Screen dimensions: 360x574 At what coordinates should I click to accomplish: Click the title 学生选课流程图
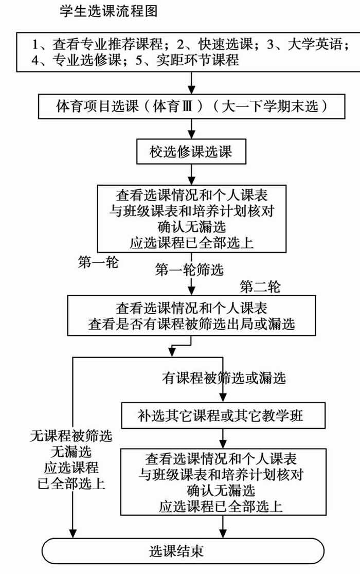(109, 11)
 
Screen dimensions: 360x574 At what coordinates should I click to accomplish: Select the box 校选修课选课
(191, 152)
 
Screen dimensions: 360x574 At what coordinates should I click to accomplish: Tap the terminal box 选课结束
(183, 551)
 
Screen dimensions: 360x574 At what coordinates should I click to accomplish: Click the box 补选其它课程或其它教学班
(223, 416)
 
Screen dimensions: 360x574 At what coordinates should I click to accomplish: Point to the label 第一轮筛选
(189, 270)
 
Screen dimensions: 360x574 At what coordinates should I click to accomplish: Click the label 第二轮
(260, 286)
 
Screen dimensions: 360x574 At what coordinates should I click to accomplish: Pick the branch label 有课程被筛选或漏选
(224, 378)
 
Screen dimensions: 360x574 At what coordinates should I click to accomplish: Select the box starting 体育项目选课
(191, 106)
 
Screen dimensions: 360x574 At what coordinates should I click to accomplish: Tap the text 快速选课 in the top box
(226, 44)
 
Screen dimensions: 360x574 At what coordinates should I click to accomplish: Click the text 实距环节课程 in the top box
(197, 60)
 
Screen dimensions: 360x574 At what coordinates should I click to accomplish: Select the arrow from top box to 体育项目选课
(191, 83)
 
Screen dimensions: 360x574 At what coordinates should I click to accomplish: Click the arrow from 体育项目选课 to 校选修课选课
(191, 129)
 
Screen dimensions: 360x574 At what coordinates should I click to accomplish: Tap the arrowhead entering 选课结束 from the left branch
(73, 533)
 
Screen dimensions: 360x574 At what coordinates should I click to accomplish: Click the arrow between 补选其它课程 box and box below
(223, 438)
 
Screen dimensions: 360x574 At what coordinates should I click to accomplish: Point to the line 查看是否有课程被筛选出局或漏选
(191, 324)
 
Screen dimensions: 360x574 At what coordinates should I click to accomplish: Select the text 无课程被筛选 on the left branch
(71, 436)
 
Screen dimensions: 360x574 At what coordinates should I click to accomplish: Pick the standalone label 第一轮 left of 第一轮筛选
(98, 262)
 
